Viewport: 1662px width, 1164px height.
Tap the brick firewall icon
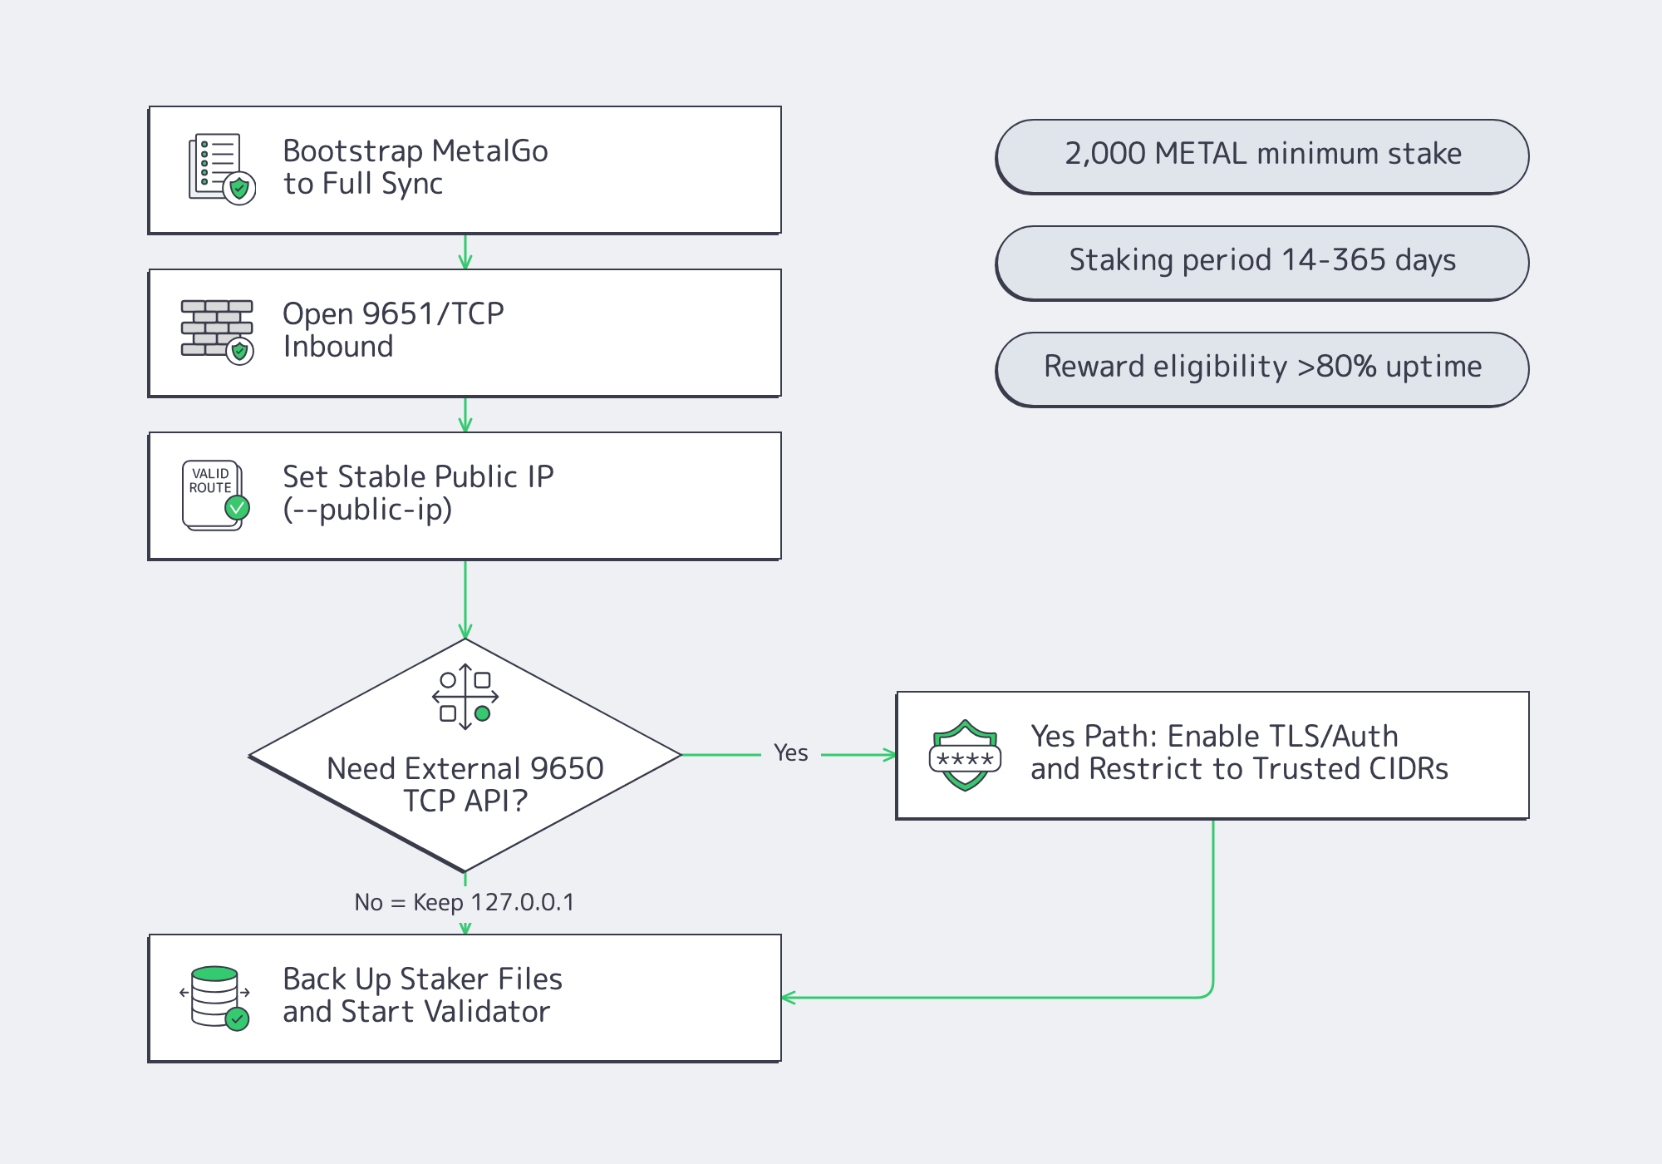tap(217, 331)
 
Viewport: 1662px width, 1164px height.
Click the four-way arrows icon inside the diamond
tap(465, 697)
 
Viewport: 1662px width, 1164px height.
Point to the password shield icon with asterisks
tap(965, 756)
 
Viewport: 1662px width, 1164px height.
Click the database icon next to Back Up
tap(215, 997)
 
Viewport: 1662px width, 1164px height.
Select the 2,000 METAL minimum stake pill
tap(1261, 155)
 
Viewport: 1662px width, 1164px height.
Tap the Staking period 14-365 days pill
tap(1261, 262)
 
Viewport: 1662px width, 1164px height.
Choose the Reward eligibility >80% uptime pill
tap(1261, 368)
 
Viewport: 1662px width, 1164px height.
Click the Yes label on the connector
tap(790, 753)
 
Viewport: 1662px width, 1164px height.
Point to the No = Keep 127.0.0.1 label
tap(464, 902)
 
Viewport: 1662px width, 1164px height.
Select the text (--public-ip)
tap(367, 510)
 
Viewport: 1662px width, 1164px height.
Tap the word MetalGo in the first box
tap(489, 151)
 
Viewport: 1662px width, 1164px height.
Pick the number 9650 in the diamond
tap(567, 768)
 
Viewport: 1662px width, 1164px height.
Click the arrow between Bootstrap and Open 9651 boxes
tap(465, 252)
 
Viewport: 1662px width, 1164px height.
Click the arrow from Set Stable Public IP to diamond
tap(465, 599)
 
